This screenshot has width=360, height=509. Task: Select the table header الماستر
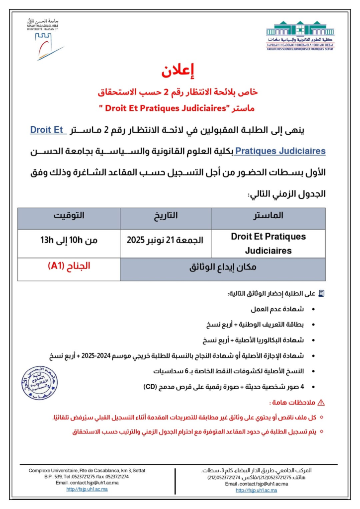(268, 216)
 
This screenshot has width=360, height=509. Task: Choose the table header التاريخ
(166, 216)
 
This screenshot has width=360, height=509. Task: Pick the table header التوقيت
(69, 216)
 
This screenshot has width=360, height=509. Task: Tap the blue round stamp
(39, 383)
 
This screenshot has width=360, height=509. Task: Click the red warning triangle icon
(321, 403)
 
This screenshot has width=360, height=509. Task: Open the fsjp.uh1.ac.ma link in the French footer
(87, 489)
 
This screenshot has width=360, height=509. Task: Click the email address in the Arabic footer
(254, 484)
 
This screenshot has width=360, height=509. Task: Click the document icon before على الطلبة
(321, 294)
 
